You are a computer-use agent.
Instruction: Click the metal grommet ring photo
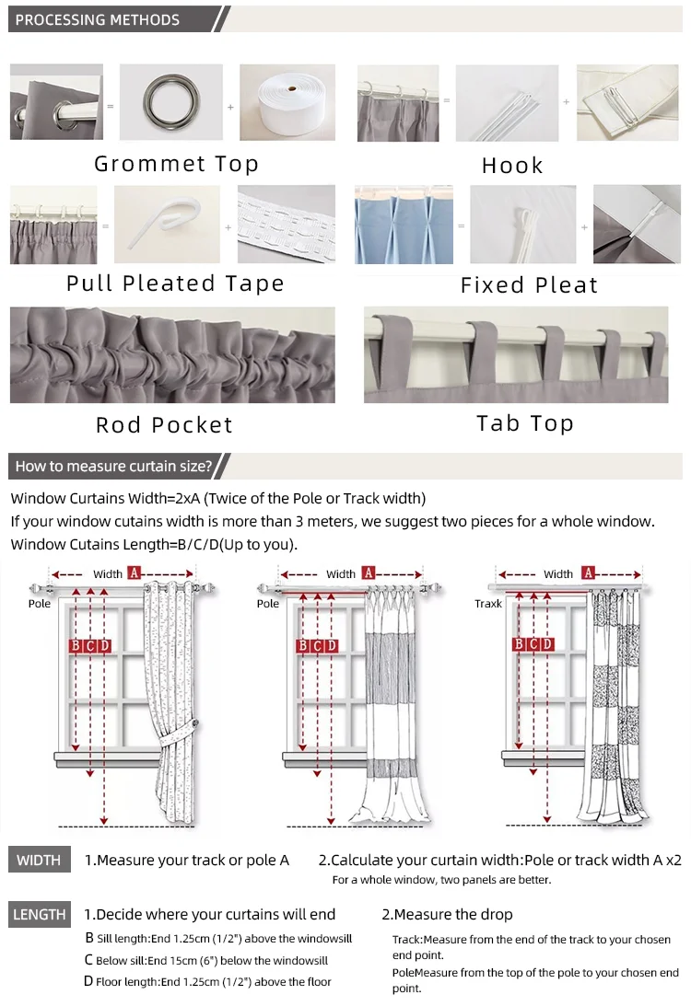pyautogui.click(x=170, y=102)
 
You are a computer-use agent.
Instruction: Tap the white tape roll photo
pyautogui.click(x=287, y=102)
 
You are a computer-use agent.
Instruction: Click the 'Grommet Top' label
pyautogui.click(x=177, y=165)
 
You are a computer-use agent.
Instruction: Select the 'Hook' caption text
pyautogui.click(x=512, y=166)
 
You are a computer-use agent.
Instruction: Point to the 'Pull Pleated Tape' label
pyautogui.click(x=176, y=283)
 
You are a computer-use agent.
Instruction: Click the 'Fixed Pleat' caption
pyautogui.click(x=529, y=285)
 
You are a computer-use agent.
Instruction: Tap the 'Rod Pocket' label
pyautogui.click(x=165, y=425)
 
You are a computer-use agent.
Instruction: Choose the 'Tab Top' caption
pyautogui.click(x=525, y=423)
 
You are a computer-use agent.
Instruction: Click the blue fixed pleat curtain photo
pyautogui.click(x=406, y=225)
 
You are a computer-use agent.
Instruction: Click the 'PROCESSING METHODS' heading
pyautogui.click(x=98, y=19)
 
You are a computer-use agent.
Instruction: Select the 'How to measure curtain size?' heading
pyautogui.click(x=113, y=466)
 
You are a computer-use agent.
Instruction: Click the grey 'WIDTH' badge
pyautogui.click(x=39, y=861)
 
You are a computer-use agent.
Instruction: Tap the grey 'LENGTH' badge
pyautogui.click(x=40, y=915)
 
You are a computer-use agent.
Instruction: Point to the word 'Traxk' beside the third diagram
pyautogui.click(x=488, y=604)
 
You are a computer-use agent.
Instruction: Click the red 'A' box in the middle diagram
pyautogui.click(x=369, y=573)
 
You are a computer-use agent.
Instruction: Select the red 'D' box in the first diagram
pyautogui.click(x=105, y=645)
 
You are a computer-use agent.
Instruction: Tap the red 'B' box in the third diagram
pyautogui.click(x=519, y=644)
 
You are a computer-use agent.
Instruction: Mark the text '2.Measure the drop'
pyautogui.click(x=447, y=915)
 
